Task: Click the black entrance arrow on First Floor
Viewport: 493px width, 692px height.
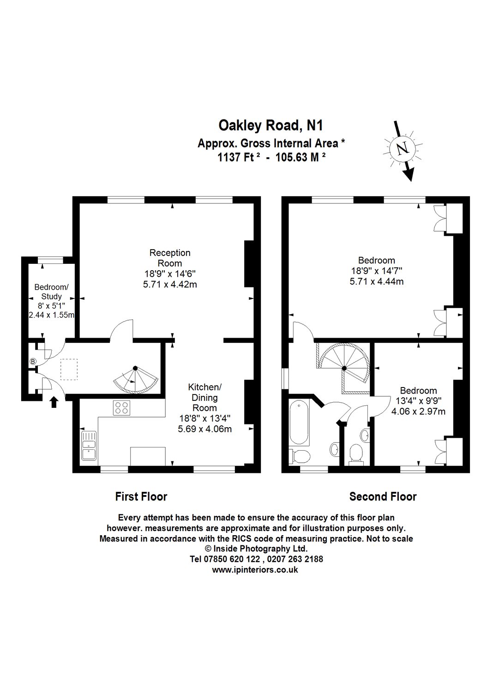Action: pos(54,402)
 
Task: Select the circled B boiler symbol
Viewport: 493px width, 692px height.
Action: pos(33,362)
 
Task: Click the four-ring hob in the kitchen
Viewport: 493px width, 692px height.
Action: pos(122,408)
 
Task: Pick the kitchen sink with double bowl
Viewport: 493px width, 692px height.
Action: pos(89,446)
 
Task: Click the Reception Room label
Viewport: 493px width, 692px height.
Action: pos(170,258)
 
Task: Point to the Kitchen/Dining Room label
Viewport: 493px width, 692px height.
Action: pos(204,397)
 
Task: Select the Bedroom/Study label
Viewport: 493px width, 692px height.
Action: pos(51,292)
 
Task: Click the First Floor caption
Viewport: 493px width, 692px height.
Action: pos(141,497)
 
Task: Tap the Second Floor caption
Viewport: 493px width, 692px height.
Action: pos(383,497)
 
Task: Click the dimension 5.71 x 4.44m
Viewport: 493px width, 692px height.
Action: pos(377,281)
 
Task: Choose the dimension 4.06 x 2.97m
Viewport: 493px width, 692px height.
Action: pos(418,411)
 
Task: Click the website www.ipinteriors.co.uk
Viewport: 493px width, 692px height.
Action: pos(255,570)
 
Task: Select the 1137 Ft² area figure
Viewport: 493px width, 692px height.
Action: pos(239,157)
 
